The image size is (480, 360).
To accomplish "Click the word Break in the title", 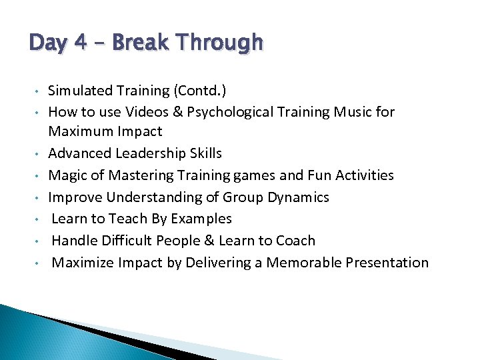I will [139, 43].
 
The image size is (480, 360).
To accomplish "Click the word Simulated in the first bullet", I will [81, 91].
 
